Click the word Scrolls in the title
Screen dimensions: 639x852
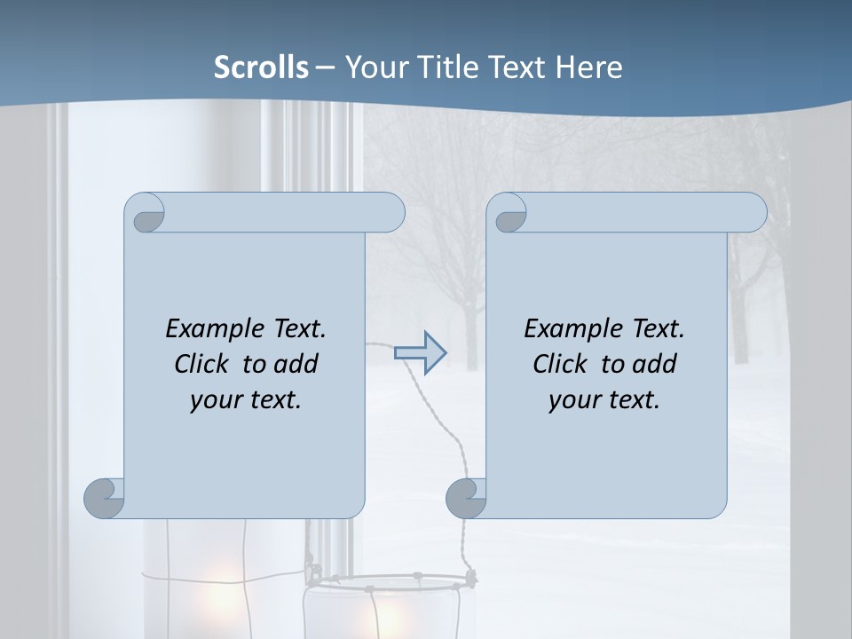pos(261,67)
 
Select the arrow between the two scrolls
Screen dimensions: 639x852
pos(420,353)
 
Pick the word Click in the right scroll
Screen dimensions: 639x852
pos(560,364)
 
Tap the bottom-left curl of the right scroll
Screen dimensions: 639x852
pos(467,497)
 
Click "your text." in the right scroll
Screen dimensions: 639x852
pos(604,400)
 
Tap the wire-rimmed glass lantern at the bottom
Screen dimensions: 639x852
pos(390,608)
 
